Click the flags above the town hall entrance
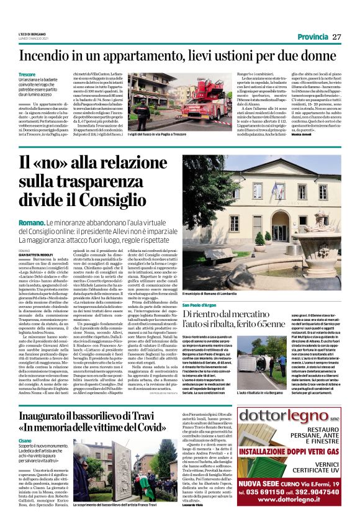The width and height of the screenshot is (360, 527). click(x=276, y=187)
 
